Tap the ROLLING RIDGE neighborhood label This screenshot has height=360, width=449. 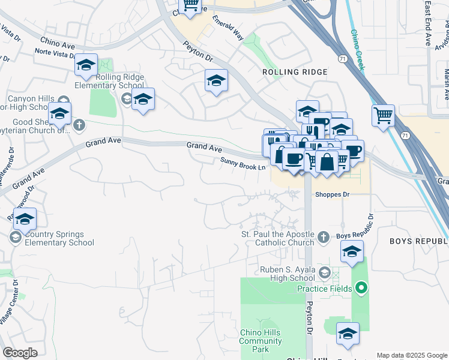[295, 72]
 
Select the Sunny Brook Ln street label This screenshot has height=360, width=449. [243, 163]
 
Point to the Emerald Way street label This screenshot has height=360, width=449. [228, 28]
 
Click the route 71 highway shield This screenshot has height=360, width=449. [342, 59]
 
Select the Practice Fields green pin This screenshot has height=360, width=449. [360, 289]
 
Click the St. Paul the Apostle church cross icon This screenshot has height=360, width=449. [323, 237]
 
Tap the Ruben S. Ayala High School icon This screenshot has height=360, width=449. [324, 273]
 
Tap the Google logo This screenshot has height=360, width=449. [19, 353]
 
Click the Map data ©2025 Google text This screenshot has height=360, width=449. [412, 355]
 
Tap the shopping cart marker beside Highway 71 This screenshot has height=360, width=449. [383, 114]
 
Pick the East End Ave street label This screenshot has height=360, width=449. [427, 24]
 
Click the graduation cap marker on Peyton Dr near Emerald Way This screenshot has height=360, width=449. [216, 80]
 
